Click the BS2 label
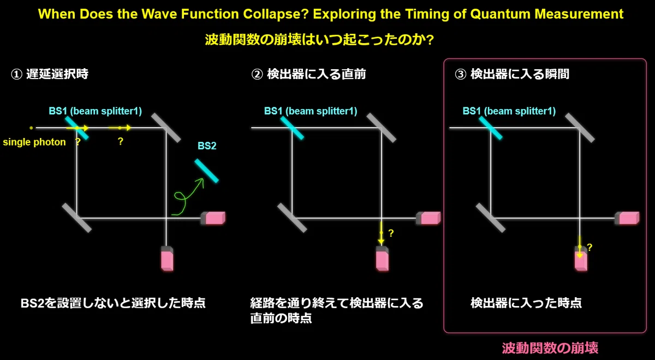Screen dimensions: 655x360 pos(207,146)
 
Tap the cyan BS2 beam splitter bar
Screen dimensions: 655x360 pos(206,171)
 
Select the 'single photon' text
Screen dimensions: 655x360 pos(34,142)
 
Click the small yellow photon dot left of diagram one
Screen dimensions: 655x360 pos(31,128)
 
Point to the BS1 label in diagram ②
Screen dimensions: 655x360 pos(311,111)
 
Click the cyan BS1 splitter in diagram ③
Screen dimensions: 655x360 pos(491,128)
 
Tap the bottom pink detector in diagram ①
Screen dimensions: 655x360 pos(167,259)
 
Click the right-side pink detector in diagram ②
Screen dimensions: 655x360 pos(428,218)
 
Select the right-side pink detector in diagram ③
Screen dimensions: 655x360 pos(627,218)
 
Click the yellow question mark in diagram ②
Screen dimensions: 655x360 pos(391,233)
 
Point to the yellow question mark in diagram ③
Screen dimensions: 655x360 pos(589,247)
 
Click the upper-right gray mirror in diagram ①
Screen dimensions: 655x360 pos(166,128)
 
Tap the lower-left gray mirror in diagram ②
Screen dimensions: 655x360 pos(292,218)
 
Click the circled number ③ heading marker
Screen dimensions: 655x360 pos(460,74)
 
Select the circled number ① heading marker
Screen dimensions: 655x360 pos(16,74)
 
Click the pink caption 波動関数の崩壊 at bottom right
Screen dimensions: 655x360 pos(550,348)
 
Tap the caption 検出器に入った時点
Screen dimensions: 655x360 pos(526,303)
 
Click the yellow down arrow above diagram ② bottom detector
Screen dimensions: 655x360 pos(381,233)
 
